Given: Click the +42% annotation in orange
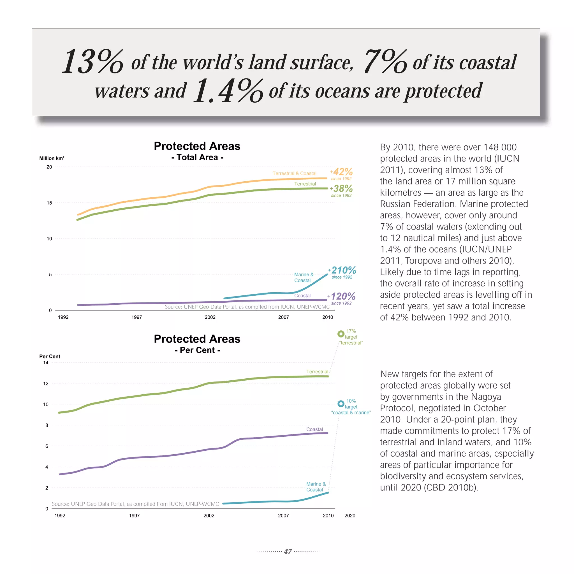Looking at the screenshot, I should (x=342, y=172).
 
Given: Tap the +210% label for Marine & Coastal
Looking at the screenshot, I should (x=342, y=270).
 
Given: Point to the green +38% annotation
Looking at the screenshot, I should (x=342, y=188).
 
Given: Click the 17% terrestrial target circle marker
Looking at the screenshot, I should (x=341, y=334).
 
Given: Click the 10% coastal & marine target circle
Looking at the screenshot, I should (x=341, y=404).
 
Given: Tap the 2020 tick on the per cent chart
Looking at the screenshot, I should (x=350, y=515).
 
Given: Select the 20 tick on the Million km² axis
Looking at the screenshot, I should (x=49, y=167).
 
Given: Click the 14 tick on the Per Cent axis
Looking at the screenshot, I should (x=46, y=362).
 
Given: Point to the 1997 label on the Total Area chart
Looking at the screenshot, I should (x=137, y=317).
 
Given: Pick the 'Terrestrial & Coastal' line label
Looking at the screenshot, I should (x=295, y=173).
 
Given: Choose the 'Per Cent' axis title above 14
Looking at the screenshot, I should (x=50, y=356).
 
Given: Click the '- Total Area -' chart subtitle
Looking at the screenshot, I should (x=197, y=157).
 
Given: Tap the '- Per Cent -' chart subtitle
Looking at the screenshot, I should (x=197, y=350).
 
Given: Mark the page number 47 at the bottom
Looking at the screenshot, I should (x=288, y=551).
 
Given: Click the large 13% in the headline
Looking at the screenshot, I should (x=92, y=61).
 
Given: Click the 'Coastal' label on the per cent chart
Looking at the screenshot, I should (x=314, y=429).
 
